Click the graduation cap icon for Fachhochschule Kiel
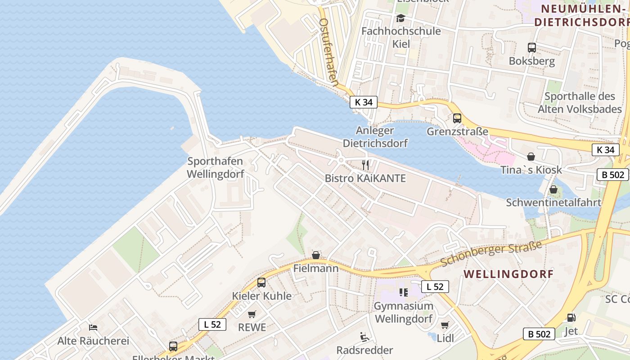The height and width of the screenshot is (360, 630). pos(400,18)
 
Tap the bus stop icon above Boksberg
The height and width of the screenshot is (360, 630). pos(531,47)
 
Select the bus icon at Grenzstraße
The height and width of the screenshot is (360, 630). pos(457,118)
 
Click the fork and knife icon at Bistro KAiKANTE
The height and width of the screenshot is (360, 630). pos(365,165)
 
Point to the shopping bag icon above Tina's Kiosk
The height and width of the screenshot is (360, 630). pos(531,156)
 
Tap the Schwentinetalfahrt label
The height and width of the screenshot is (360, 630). pos(553,202)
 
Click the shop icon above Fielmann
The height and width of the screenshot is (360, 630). pos(316,255)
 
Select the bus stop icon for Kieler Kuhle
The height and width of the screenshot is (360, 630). pos(261,283)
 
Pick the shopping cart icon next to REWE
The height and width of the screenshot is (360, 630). pos(252,314)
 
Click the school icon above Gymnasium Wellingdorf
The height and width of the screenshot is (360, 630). pos(403,292)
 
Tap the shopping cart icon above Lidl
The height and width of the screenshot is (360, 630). pos(445,325)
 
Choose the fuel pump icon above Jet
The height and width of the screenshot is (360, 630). pos(571,318)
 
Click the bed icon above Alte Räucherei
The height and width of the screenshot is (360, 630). pos(93,327)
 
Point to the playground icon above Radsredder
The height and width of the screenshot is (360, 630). pos(364,337)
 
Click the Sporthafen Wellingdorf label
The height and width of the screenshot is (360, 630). pos(216,167)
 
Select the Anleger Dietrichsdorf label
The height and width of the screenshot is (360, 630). pos(375,137)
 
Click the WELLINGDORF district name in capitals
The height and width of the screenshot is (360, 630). pos(508,274)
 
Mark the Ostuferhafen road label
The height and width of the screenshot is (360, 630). pos(328,52)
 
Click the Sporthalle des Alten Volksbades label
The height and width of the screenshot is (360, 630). pos(580,103)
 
